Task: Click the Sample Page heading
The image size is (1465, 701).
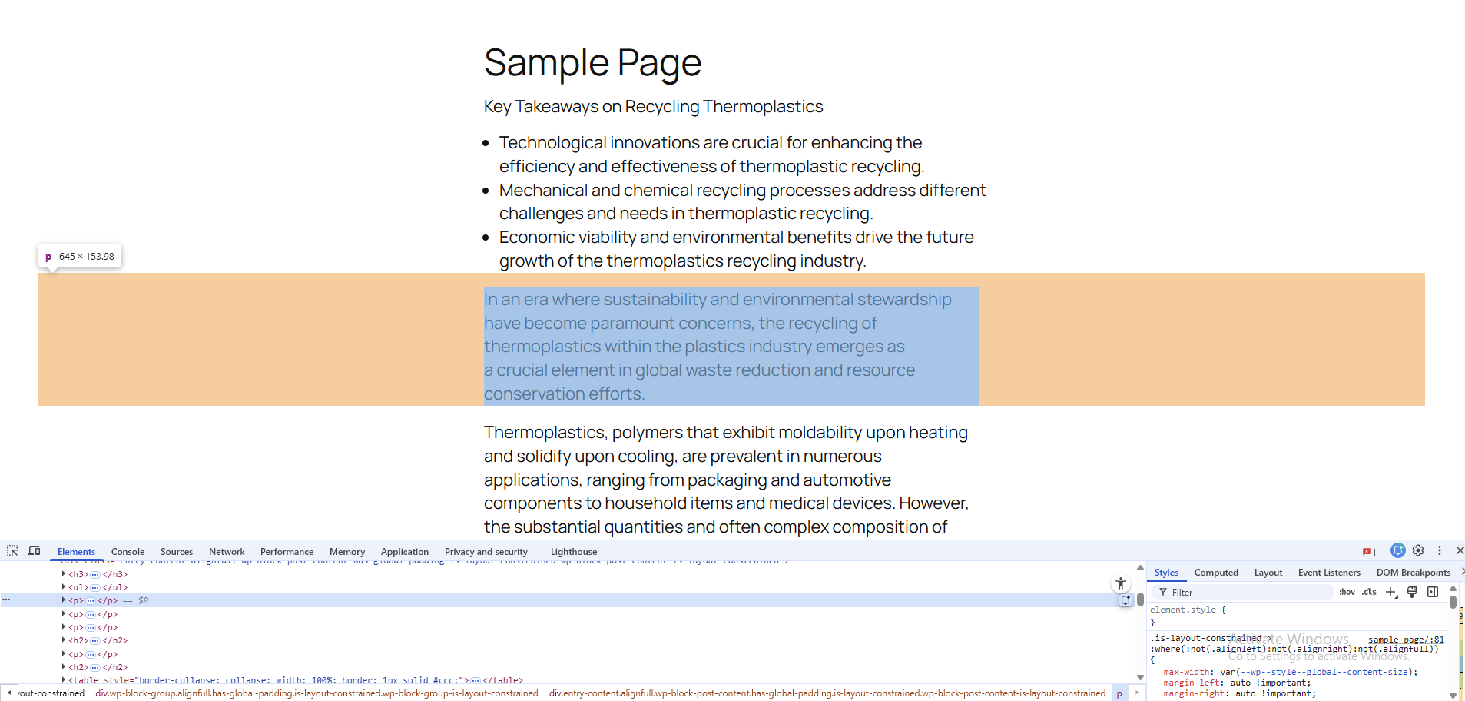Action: (592, 63)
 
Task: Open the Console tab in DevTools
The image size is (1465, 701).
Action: (128, 552)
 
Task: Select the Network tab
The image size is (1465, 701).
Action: (227, 552)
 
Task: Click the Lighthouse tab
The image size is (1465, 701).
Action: (573, 552)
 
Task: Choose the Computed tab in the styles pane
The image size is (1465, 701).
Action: (1215, 573)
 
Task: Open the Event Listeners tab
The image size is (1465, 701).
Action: (1328, 573)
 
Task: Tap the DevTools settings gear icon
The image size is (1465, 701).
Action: (1418, 550)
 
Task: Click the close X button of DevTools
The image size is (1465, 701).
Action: (1460, 550)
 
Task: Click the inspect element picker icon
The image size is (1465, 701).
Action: (12, 551)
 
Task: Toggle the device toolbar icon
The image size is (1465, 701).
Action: (34, 551)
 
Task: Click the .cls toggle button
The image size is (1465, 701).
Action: (1369, 592)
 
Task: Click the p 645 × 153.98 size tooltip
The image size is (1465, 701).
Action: (80, 257)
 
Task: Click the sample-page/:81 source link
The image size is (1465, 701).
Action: (1405, 640)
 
